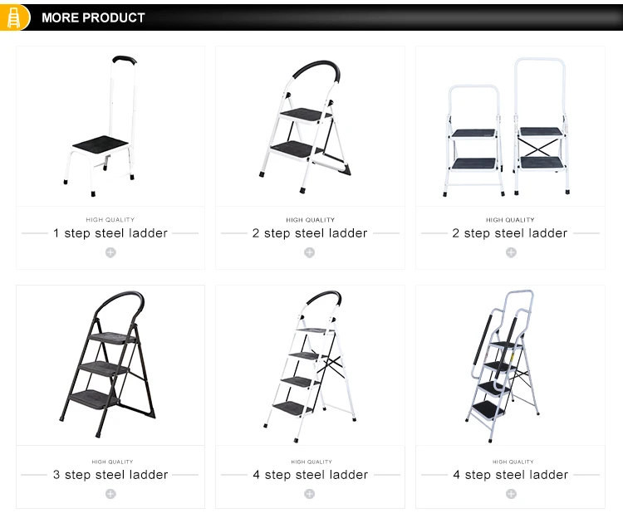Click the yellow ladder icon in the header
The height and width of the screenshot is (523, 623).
click(13, 17)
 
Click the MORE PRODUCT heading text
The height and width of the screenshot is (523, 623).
click(93, 18)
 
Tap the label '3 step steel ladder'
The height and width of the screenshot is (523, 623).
click(110, 475)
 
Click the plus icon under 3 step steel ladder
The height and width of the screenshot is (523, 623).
click(110, 494)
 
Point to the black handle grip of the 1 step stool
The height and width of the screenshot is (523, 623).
click(125, 60)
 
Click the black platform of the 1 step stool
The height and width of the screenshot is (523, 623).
click(101, 142)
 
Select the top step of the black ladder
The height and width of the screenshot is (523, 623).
click(112, 338)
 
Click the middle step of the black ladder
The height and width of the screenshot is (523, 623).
click(104, 367)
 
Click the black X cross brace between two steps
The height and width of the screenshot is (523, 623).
click(541, 147)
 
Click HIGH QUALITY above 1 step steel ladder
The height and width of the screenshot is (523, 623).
click(110, 220)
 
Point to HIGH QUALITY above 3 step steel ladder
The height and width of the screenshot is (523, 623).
click(112, 462)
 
